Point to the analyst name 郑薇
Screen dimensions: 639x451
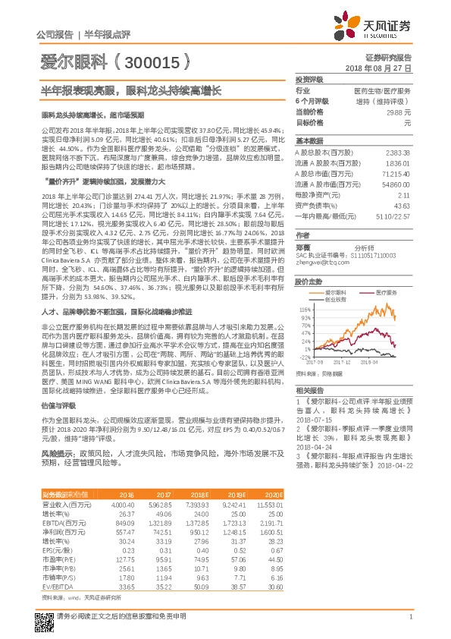pyautogui.click(x=303, y=247)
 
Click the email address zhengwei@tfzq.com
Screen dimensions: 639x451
pyautogui.click(x=319, y=263)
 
